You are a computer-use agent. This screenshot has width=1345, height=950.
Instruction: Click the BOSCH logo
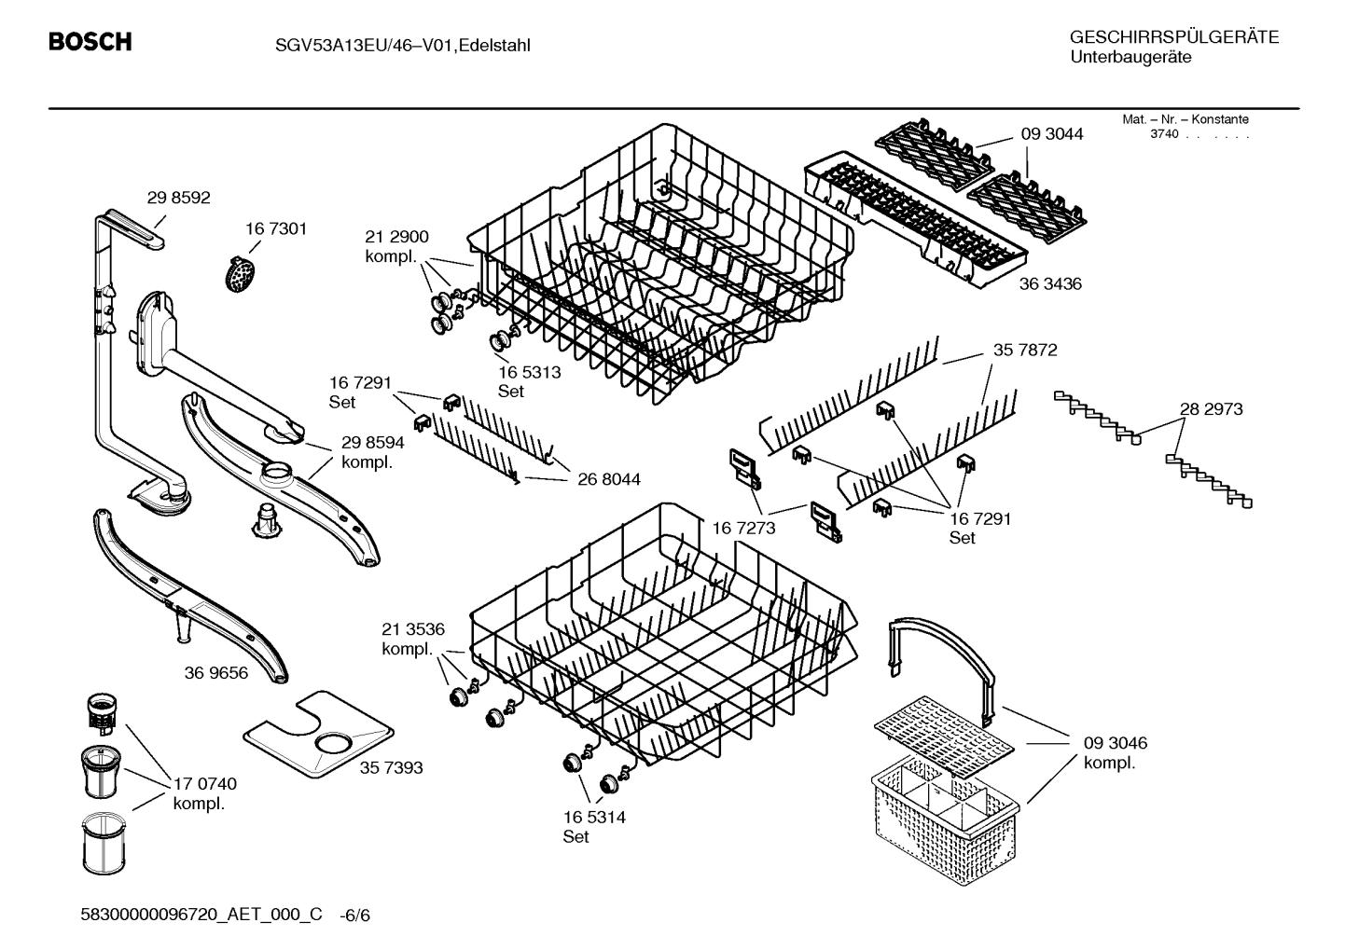tap(90, 41)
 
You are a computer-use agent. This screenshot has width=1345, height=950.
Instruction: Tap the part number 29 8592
tap(179, 198)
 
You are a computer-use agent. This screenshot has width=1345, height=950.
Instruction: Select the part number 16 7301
tap(276, 228)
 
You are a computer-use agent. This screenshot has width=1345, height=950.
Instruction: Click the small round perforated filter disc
tap(241, 274)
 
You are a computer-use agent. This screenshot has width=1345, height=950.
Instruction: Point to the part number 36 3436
tap(1050, 283)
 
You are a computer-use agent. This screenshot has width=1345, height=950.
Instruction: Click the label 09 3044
tap(1052, 134)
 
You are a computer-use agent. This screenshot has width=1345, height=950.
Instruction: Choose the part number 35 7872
tap(1025, 350)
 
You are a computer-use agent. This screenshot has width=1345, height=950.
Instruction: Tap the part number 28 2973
tap(1211, 409)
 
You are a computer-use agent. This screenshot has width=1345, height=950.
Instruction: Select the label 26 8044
tap(609, 479)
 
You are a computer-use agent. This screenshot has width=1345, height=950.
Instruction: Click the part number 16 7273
tap(743, 528)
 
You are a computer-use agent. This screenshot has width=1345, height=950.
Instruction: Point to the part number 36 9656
tap(216, 673)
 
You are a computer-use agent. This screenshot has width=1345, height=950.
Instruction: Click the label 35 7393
tap(392, 767)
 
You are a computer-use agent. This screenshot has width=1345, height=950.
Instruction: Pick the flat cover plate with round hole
tap(318, 732)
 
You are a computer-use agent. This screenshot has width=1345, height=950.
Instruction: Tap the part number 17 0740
tap(205, 784)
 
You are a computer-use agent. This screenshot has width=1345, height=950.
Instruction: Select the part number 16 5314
tap(594, 817)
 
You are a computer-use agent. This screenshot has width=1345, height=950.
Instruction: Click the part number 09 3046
tap(1116, 743)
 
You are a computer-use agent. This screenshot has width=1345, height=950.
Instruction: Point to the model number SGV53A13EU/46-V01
tap(363, 46)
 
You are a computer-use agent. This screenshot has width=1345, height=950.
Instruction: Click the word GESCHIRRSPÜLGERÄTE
tap(1174, 37)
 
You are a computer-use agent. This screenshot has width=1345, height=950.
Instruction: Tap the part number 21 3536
tap(413, 629)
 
